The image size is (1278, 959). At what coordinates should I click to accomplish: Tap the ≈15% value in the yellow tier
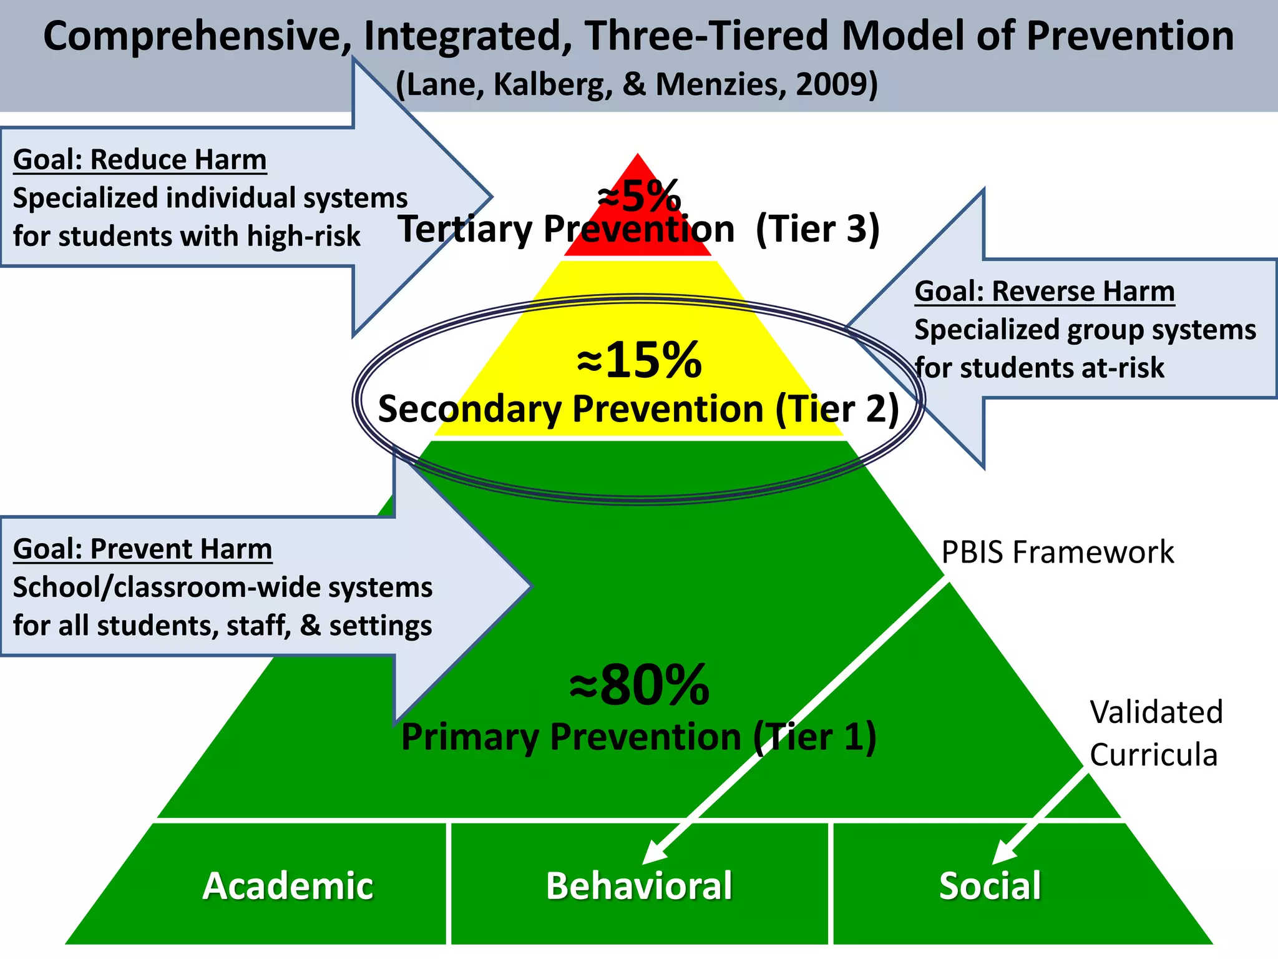tap(639, 360)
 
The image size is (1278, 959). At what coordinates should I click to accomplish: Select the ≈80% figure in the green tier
tap(639, 686)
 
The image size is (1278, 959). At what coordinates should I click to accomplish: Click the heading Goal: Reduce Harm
tap(140, 160)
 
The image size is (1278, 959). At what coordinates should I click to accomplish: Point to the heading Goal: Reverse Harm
tap(1044, 292)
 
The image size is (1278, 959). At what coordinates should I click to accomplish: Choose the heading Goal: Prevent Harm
tap(142, 549)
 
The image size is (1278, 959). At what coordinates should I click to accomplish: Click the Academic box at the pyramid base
tap(288, 885)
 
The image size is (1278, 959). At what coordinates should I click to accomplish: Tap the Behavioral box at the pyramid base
tap(639, 885)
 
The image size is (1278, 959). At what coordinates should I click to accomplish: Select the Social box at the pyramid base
tap(990, 885)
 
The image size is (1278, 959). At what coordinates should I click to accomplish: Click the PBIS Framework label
tap(1057, 553)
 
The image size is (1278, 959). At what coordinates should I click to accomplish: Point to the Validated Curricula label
tap(1155, 733)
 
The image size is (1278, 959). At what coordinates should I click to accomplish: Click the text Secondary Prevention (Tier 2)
tap(638, 409)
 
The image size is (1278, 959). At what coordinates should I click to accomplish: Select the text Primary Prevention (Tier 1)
tap(638, 737)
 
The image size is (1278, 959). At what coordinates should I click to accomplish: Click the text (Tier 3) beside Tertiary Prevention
tap(817, 229)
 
